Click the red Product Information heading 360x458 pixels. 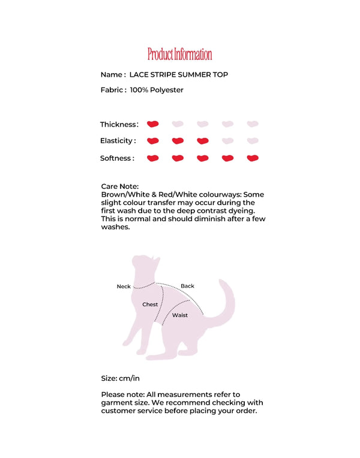pyautogui.click(x=179, y=55)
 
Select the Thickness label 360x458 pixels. pyautogui.click(x=118, y=125)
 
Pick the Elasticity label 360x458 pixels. pyautogui.click(x=118, y=141)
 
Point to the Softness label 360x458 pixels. pyautogui.click(x=117, y=159)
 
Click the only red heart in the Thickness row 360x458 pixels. pyautogui.click(x=153, y=124)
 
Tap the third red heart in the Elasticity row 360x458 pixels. pyautogui.click(x=203, y=141)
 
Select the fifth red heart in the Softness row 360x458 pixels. pyautogui.click(x=253, y=158)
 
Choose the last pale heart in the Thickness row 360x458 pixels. pyautogui.click(x=253, y=124)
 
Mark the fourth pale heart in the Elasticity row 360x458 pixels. pyautogui.click(x=227, y=141)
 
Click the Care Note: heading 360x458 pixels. pyautogui.click(x=120, y=186)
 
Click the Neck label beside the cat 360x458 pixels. pyautogui.click(x=124, y=287)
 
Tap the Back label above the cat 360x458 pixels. pyautogui.click(x=188, y=286)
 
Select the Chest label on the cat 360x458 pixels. pyautogui.click(x=150, y=305)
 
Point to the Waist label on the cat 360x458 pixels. pyautogui.click(x=180, y=315)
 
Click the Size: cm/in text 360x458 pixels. pyautogui.click(x=121, y=378)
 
